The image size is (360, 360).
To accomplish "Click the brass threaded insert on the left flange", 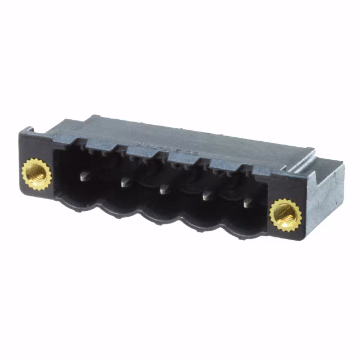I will [37, 173].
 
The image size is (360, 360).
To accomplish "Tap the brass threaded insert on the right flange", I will [284, 214].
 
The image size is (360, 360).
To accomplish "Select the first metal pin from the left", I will [85, 176].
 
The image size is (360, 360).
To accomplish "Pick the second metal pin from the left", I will [126, 181].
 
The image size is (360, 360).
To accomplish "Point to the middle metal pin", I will [165, 190].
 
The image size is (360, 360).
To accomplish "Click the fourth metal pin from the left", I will [207, 196].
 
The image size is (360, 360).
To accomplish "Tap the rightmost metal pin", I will [248, 202].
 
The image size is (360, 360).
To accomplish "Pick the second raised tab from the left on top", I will [141, 150].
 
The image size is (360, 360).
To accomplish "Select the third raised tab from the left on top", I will [182, 157].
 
